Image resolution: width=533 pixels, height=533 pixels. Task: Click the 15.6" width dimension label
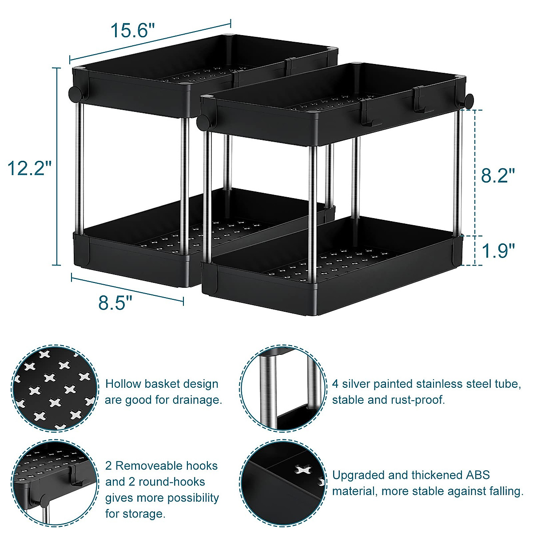pos(133,31)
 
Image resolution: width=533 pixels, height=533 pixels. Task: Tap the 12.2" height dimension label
pos(30,169)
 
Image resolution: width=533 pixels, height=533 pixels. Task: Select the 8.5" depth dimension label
pos(115,303)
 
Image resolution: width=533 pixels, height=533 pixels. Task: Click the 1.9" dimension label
pos(498,251)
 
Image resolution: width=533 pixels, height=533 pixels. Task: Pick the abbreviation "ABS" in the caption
pos(477,475)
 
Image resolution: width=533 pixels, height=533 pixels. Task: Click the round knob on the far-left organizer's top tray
pos(74,93)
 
